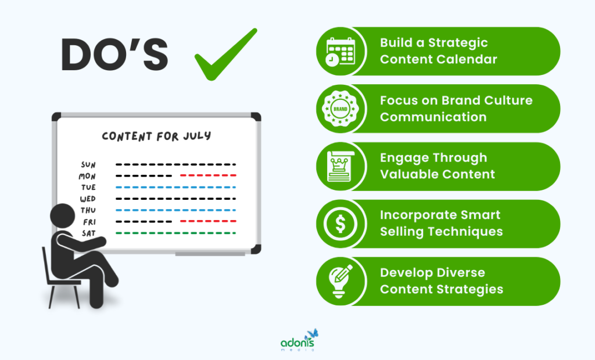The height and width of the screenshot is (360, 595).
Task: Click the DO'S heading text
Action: (114, 54)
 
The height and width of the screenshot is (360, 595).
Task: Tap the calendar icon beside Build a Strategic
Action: (340, 52)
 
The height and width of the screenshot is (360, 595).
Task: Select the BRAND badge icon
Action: (340, 109)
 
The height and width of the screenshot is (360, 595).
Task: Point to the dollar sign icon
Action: (340, 224)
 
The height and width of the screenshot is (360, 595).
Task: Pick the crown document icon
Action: (340, 166)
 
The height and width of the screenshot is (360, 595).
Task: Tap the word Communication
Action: (433, 117)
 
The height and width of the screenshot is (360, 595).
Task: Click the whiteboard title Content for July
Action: (156, 136)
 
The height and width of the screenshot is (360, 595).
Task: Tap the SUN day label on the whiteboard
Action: (88, 165)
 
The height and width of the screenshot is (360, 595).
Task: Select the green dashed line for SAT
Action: (175, 233)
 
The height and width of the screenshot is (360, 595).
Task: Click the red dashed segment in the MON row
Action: (209, 175)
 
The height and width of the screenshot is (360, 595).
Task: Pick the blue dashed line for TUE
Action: (175, 188)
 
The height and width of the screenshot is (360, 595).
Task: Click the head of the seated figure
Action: (63, 216)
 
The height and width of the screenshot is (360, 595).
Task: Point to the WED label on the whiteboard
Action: (88, 199)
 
